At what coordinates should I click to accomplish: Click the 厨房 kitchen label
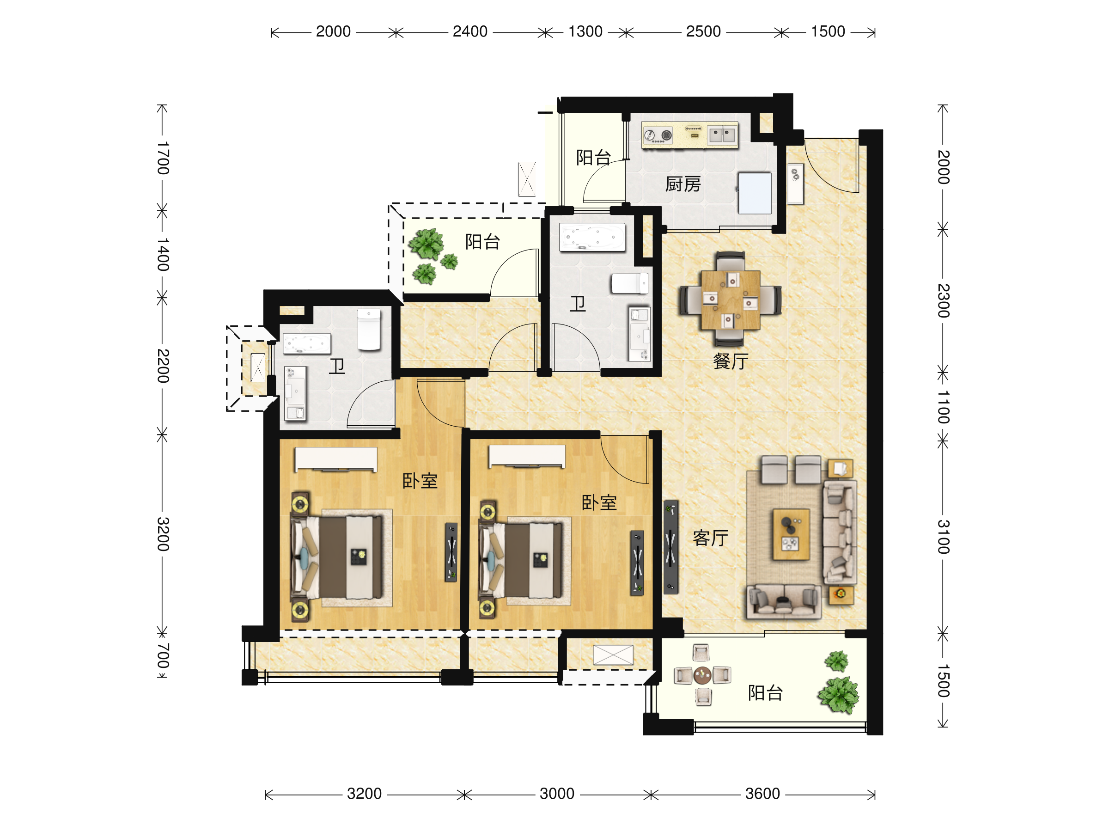pos(683,184)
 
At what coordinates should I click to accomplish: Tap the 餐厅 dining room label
pos(731,361)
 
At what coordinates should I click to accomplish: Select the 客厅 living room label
pos(710,538)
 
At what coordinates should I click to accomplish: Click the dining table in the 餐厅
pos(731,300)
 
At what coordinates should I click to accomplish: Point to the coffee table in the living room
pos(791,534)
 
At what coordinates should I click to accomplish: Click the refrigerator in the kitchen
pos(755,193)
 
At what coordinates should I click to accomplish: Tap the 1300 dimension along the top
pos(585,31)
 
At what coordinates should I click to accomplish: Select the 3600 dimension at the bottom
pos(762,794)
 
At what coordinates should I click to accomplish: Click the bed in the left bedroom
pos(336,557)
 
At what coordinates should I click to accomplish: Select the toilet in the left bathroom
pos(369,329)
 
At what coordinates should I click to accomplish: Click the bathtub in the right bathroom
pos(592,237)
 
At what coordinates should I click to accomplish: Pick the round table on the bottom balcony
pos(702,675)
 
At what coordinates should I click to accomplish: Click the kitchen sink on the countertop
pos(722,135)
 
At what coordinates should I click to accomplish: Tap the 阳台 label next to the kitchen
pos(594,158)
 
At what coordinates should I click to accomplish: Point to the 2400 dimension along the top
pos(470,31)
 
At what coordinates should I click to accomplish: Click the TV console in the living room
pos(671,547)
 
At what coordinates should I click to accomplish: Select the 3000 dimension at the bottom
pos(556,794)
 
